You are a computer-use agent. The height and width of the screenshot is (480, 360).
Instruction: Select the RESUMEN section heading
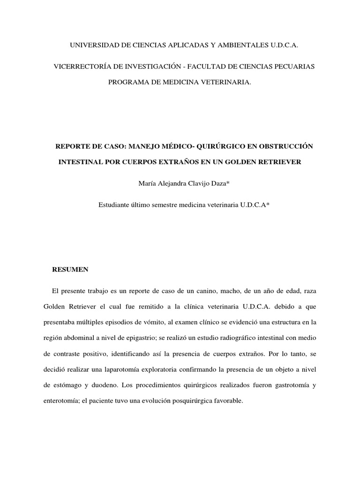pos(69,270)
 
